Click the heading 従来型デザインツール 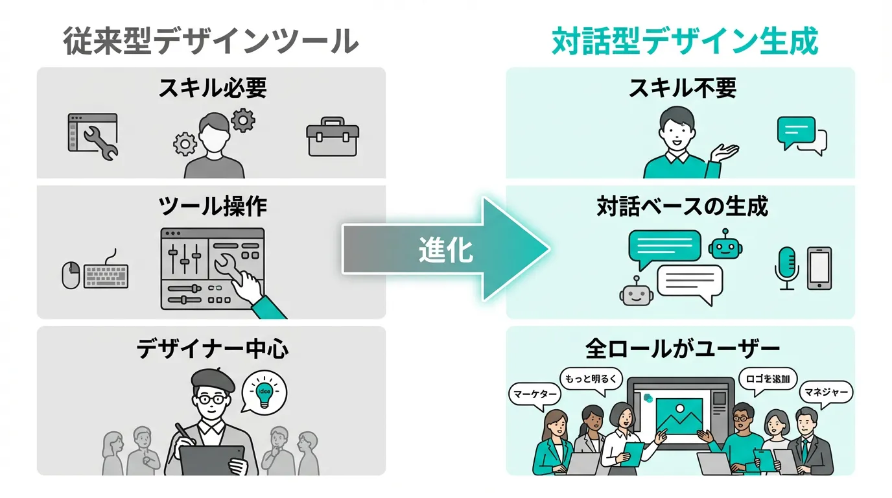pyautogui.click(x=211, y=42)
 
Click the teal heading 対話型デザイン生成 pyautogui.click(x=685, y=42)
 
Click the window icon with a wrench pyautogui.click(x=93, y=136)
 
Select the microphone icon pyautogui.click(x=787, y=267)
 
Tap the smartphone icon pyautogui.click(x=819, y=268)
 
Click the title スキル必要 pyautogui.click(x=212, y=89)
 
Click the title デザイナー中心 pyautogui.click(x=212, y=350)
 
